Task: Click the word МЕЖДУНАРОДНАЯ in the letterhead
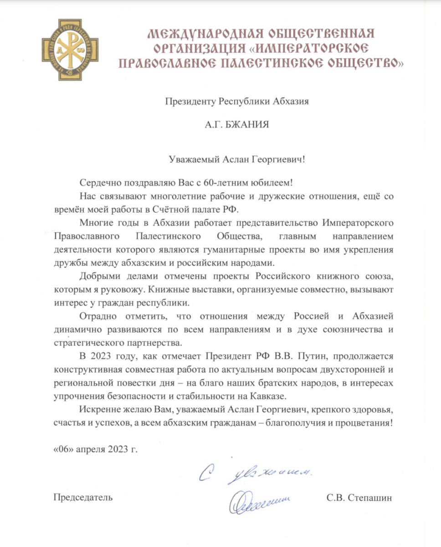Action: point(200,34)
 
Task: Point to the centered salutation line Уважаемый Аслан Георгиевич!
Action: point(236,159)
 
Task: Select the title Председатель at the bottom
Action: point(83,497)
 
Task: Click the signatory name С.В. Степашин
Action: point(359,497)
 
